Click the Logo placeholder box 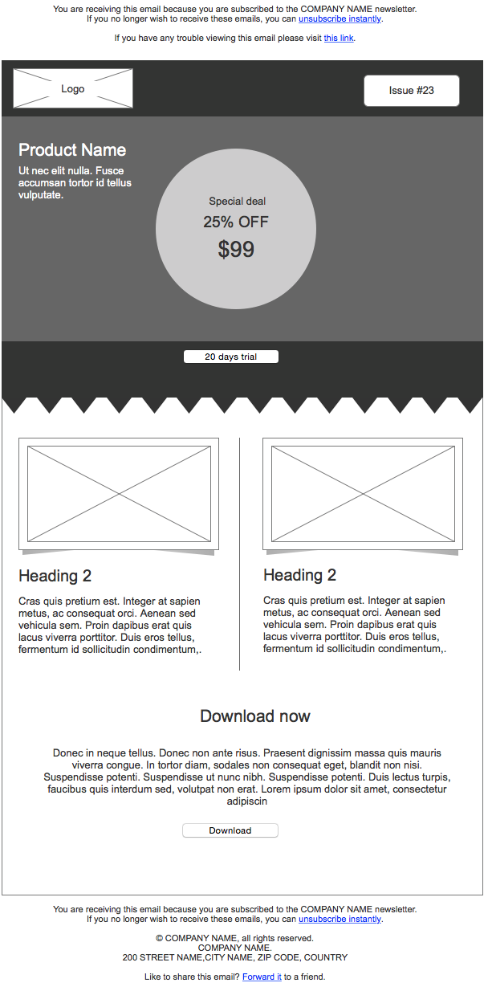[73, 88]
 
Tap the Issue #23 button [411, 91]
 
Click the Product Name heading [72, 150]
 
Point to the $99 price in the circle [236, 250]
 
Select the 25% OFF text [236, 222]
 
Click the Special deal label [238, 202]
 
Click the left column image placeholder [119, 493]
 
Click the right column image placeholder [363, 493]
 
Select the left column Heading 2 [55, 576]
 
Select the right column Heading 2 [300, 575]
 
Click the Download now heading [255, 716]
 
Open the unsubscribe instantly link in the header [340, 18]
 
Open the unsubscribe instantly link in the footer [340, 919]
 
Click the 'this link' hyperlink [339, 38]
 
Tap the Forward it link [262, 977]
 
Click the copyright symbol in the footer [160, 938]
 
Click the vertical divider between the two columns [240, 554]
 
